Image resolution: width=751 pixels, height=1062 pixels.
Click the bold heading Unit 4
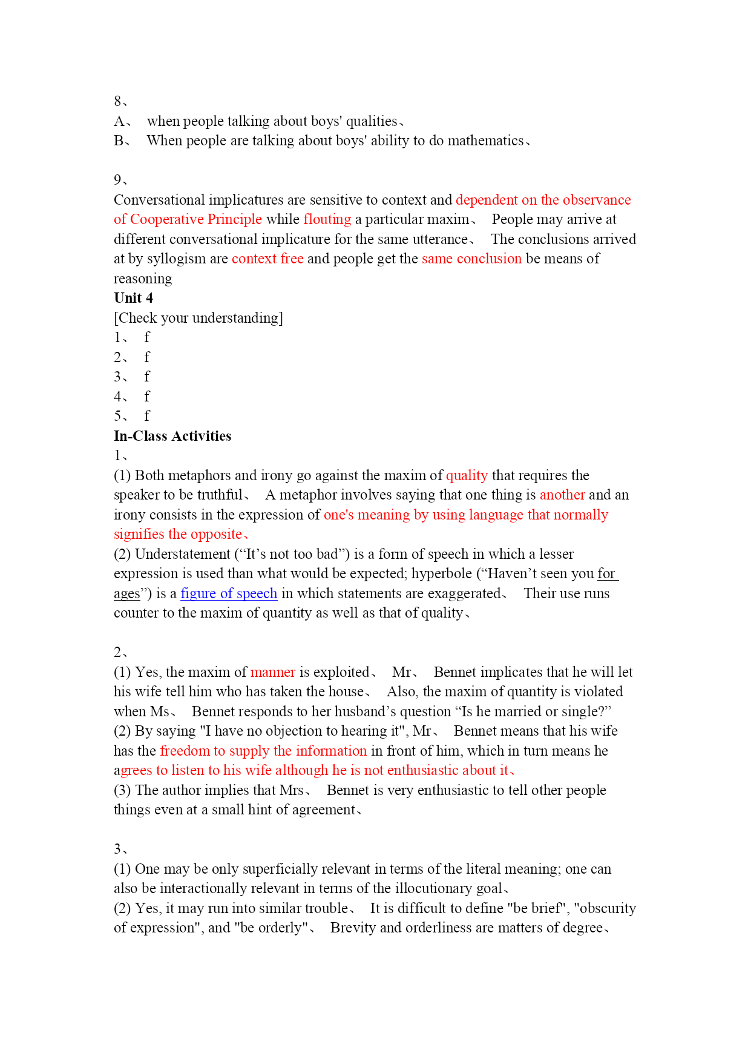pyautogui.click(x=133, y=298)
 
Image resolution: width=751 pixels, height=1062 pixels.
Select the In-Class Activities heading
pyautogui.click(x=172, y=436)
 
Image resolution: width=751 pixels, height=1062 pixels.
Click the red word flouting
pyautogui.click(x=327, y=219)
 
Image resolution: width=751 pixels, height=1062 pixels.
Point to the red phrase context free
pyautogui.click(x=267, y=259)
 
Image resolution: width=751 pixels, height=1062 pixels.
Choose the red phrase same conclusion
pyautogui.click(x=471, y=259)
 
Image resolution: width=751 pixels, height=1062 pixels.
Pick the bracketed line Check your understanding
pyautogui.click(x=198, y=318)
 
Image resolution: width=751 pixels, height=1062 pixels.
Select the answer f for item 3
pyautogui.click(x=146, y=377)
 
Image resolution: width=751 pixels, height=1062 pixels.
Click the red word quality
pyautogui.click(x=467, y=475)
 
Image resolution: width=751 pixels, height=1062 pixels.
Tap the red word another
pyautogui.click(x=562, y=495)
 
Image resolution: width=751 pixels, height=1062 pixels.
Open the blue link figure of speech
pyautogui.click(x=229, y=593)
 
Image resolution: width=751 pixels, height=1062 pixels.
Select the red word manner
pyautogui.click(x=272, y=672)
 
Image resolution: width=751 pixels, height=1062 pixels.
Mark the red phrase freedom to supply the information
pyautogui.click(x=263, y=751)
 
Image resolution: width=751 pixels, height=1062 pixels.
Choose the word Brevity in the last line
pyautogui.click(x=352, y=928)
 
